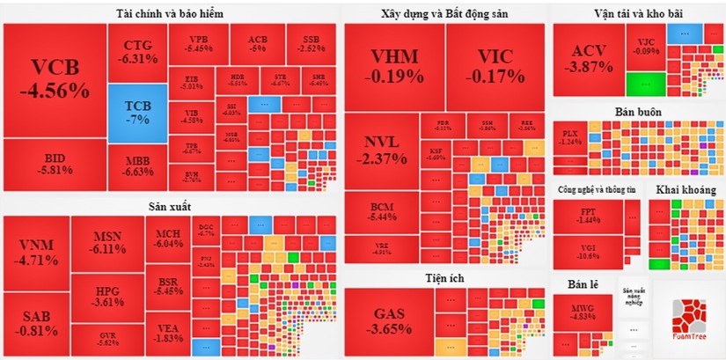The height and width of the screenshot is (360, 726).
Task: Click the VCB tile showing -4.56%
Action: tap(55, 79)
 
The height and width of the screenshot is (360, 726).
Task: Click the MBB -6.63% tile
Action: tap(137, 166)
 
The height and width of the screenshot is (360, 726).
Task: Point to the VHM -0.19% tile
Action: tap(394, 66)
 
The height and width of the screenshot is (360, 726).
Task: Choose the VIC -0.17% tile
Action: tap(495, 66)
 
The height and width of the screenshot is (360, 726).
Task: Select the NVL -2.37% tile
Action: tap(381, 151)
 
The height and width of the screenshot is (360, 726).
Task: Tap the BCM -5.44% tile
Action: tap(381, 211)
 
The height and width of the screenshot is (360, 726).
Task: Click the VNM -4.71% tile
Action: tap(36, 253)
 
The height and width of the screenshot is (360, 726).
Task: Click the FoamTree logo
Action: tap(688, 320)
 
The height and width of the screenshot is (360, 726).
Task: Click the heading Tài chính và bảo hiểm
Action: tap(169, 13)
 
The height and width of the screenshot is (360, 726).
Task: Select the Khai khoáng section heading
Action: tap(684, 189)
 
